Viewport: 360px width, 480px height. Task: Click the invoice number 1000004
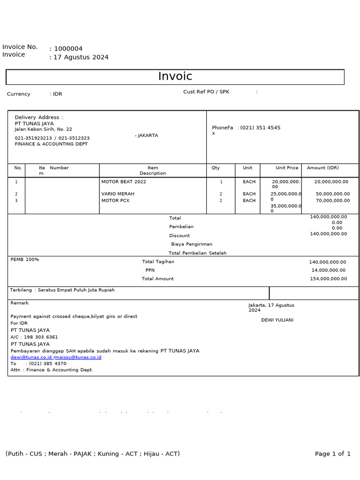pos(68,49)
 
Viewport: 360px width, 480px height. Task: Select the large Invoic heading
pos(175,76)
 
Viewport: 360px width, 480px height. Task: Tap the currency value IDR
pos(58,94)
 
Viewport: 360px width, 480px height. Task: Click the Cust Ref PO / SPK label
pos(206,92)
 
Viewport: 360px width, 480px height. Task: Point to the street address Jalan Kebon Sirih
pos(43,129)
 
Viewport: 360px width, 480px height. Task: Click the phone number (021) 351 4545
pos(261,127)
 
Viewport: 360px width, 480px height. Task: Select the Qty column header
pos(216,168)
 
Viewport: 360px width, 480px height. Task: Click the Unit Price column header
pos(287,168)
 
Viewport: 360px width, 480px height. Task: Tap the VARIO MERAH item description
pos(118,194)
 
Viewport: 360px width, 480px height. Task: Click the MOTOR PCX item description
pos(115,201)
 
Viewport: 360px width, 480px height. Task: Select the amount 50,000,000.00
pos(333,194)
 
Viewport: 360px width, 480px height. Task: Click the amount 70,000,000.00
pos(333,201)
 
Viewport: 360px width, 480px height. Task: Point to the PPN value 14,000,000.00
pos(329,270)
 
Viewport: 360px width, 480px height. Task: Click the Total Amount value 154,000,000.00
pos(328,279)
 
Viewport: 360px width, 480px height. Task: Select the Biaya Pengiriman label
pos(192,244)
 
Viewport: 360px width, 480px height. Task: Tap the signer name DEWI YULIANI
pos(277,320)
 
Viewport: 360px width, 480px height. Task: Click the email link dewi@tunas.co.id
pos(31,357)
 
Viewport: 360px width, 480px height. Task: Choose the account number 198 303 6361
pos(41,337)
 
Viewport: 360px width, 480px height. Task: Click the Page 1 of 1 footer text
pos(333,454)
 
